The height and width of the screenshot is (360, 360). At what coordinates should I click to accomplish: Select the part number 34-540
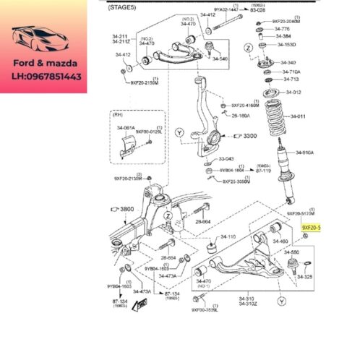219,59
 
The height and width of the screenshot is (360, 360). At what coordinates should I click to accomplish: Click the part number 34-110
228,236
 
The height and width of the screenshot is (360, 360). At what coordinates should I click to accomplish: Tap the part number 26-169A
241,115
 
